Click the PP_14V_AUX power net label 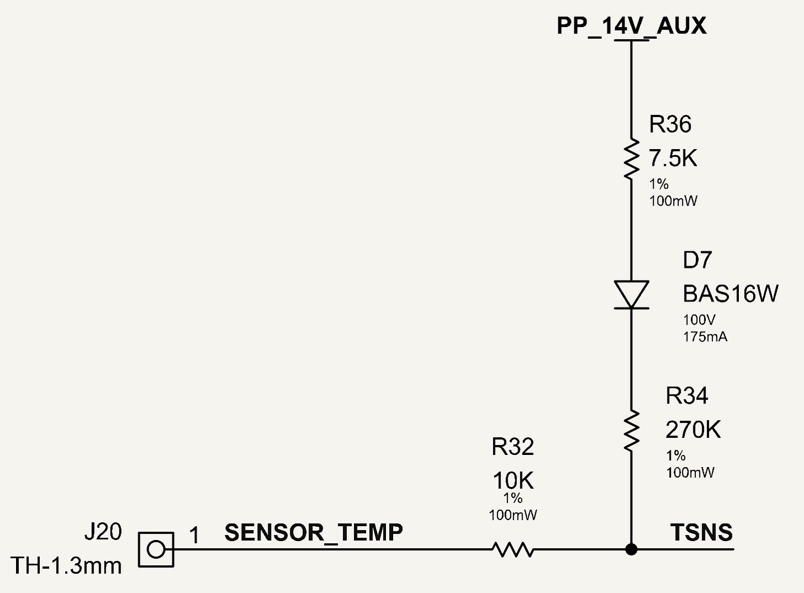pyautogui.click(x=631, y=26)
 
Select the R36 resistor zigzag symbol pyautogui.click(x=631, y=158)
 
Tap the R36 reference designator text pyautogui.click(x=670, y=124)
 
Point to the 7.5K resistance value pyautogui.click(x=673, y=158)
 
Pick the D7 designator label pyautogui.click(x=697, y=260)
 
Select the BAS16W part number pyautogui.click(x=731, y=294)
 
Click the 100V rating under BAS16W pyautogui.click(x=699, y=320)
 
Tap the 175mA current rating pyautogui.click(x=705, y=337)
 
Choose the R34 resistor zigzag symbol pyautogui.click(x=631, y=430)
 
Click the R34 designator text pyautogui.click(x=686, y=396)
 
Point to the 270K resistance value pyautogui.click(x=693, y=430)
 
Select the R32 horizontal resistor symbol pyautogui.click(x=513, y=549)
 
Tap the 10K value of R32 pyautogui.click(x=514, y=481)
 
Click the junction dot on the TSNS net pyautogui.click(x=631, y=549)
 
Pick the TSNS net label pyautogui.click(x=701, y=532)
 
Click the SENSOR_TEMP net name pyautogui.click(x=314, y=533)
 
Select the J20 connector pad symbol pyautogui.click(x=156, y=549)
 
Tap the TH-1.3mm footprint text pyautogui.click(x=66, y=566)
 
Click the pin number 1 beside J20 pyautogui.click(x=194, y=536)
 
